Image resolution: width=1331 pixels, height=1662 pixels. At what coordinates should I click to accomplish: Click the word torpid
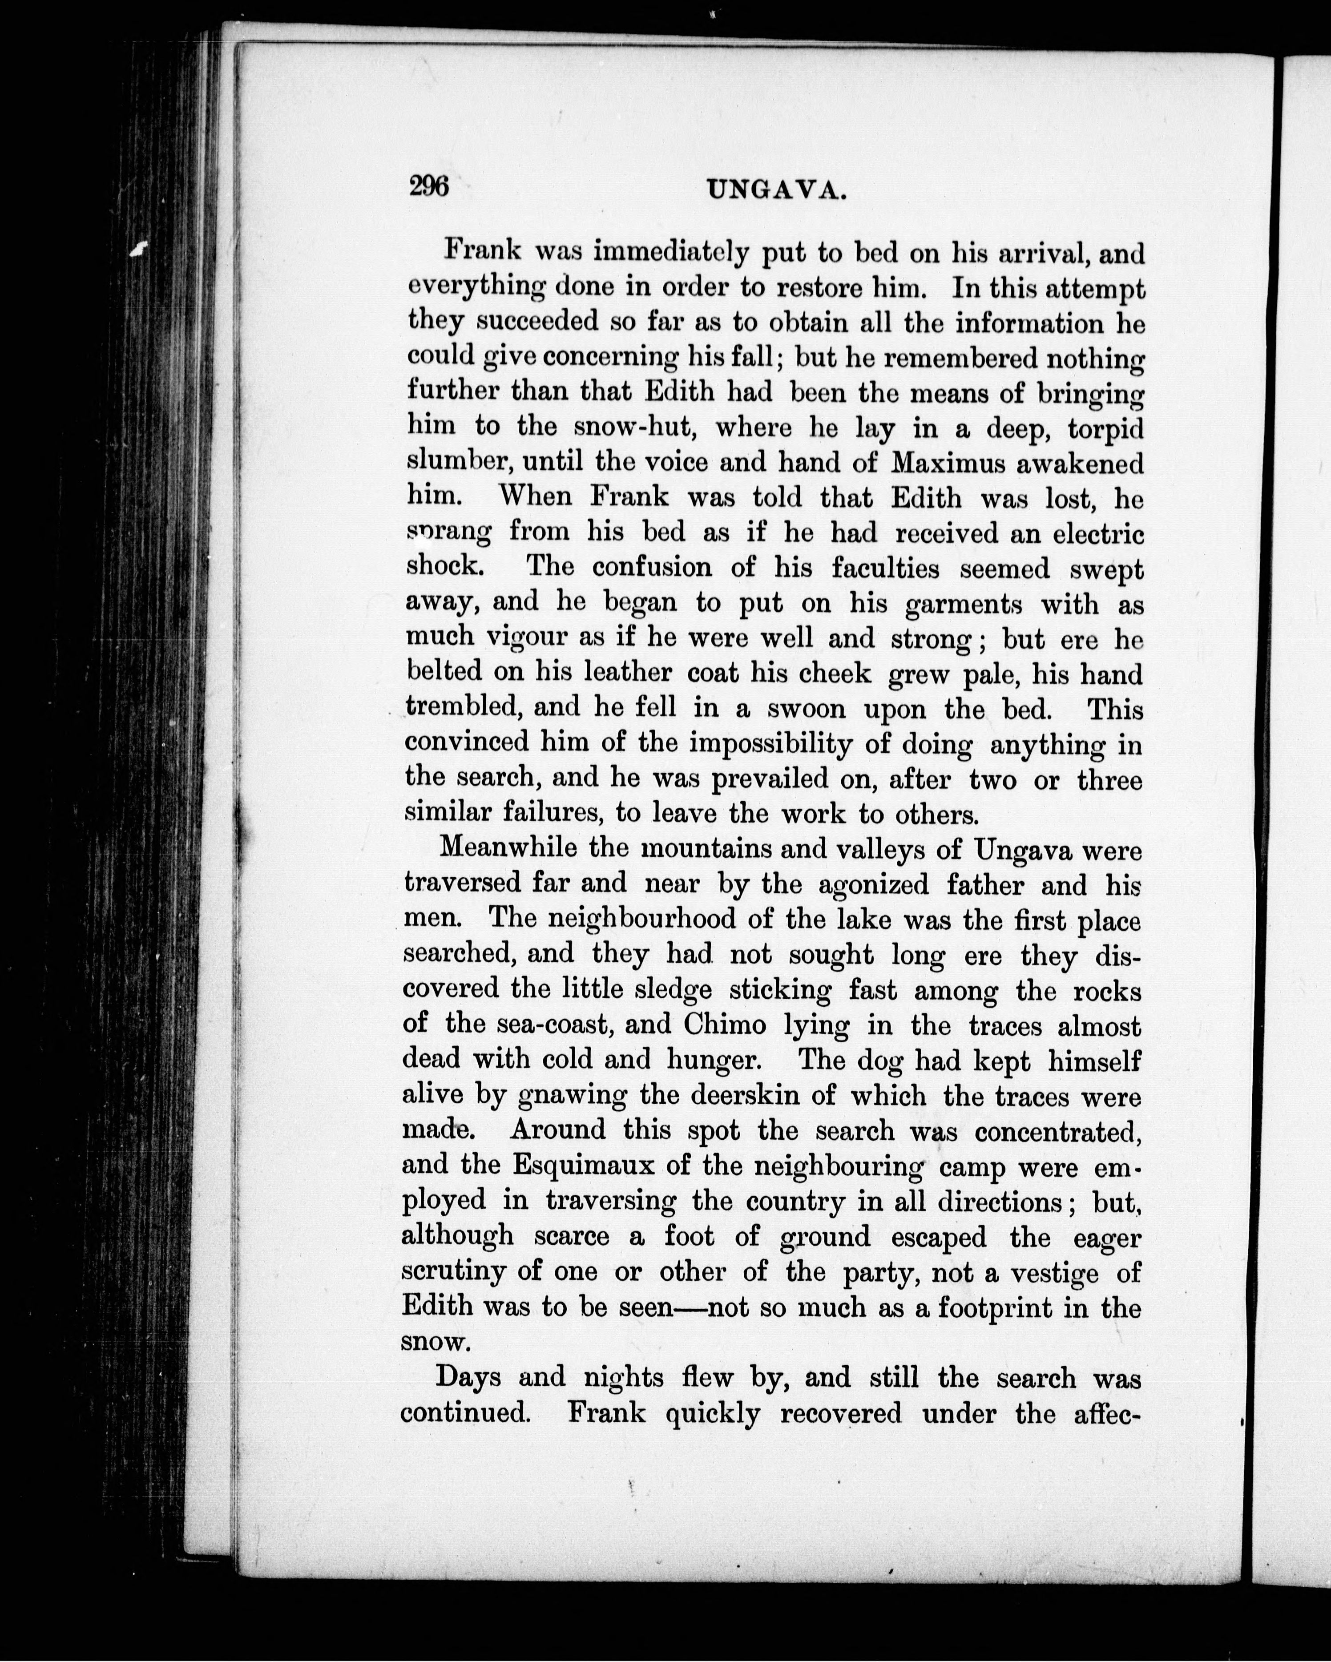tap(1105, 428)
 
